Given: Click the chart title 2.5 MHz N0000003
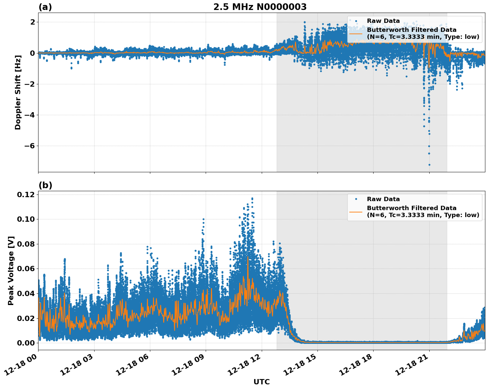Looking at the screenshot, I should [260, 7].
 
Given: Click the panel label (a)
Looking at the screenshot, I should [45, 7].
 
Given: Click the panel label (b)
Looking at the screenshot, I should [45, 185].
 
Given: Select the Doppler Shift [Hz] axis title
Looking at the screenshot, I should [18, 92].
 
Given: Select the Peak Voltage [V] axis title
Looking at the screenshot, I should [11, 271].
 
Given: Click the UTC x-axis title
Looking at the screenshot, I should [261, 382].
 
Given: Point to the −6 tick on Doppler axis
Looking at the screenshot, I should [29, 146].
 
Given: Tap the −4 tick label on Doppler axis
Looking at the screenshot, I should [29, 115].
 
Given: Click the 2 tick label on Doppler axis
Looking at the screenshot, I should [33, 22].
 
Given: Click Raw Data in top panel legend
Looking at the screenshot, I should [383, 21].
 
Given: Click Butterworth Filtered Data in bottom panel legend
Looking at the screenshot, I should [411, 208].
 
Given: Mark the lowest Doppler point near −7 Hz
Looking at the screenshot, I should [429, 165].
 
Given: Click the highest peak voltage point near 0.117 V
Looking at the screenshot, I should [252, 198].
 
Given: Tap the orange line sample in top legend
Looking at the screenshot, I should [356, 33].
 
